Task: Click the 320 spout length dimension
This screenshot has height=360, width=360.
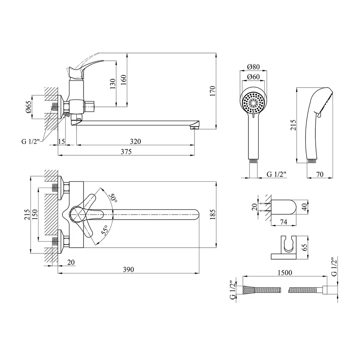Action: [x=135, y=141]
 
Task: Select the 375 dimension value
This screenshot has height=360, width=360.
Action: [x=126, y=152]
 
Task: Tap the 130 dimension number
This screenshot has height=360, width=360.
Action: [x=113, y=84]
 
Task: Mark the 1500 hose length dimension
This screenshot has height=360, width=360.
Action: [x=285, y=273]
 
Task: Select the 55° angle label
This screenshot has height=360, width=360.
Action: [x=105, y=230]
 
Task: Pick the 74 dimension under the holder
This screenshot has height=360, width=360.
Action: [x=283, y=222]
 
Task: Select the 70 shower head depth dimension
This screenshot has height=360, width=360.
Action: [x=320, y=174]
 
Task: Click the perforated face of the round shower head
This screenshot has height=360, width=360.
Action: [x=253, y=103]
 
